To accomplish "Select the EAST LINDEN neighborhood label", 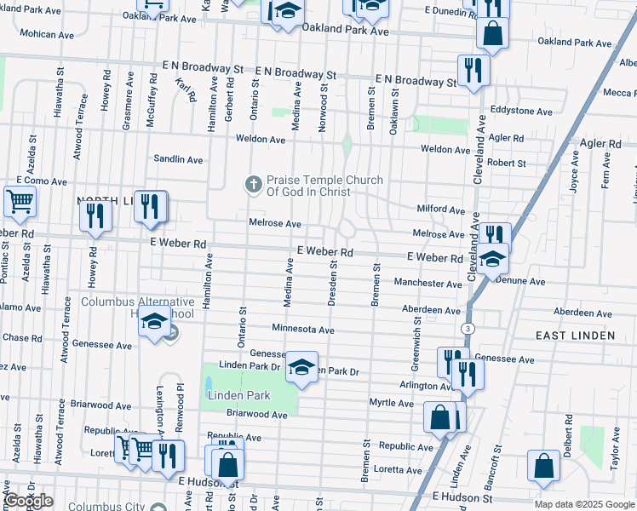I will tap(575, 336).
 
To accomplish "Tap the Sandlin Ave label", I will tap(178, 159).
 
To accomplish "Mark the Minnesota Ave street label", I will tap(302, 329).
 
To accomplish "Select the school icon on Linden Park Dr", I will tap(301, 367).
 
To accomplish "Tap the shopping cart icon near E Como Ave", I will tap(20, 202).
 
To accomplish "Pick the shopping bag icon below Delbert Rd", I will tap(543, 467).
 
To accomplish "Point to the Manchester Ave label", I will tap(428, 283).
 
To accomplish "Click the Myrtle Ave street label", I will tap(391, 402).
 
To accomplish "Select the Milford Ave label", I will tap(440, 209).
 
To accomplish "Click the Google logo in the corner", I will tap(28, 501).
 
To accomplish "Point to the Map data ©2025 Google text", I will tap(583, 504).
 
